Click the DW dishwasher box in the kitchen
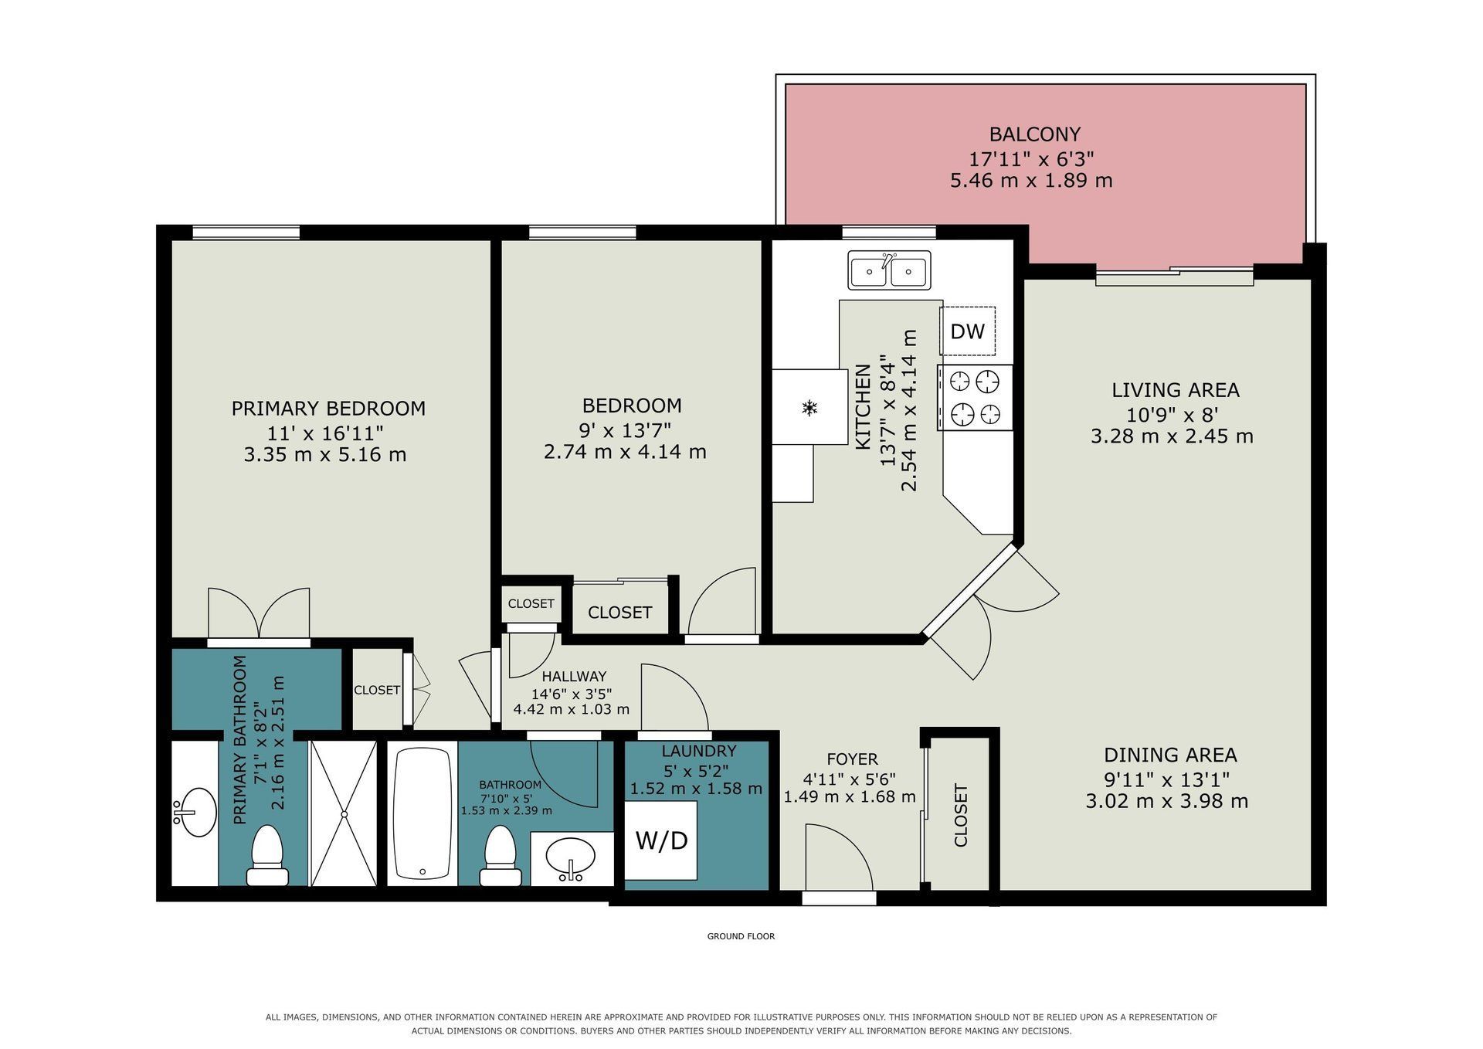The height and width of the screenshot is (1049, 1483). pyautogui.click(x=967, y=331)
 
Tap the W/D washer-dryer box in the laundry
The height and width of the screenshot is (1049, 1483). pyautogui.click(x=661, y=840)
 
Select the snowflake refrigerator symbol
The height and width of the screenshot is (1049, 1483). pyautogui.click(x=809, y=407)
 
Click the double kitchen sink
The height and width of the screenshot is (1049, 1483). pyautogui.click(x=889, y=270)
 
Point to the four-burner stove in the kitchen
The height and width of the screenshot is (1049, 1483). pyautogui.click(x=975, y=397)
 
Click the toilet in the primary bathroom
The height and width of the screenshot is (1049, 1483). pyautogui.click(x=267, y=855)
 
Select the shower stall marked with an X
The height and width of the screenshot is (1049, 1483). pyautogui.click(x=343, y=813)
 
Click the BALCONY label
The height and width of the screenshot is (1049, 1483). pyautogui.click(x=1034, y=134)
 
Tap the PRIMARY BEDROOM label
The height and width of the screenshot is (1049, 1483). pyautogui.click(x=328, y=408)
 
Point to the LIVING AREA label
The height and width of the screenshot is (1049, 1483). pyautogui.click(x=1175, y=390)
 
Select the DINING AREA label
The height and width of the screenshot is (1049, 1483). pyautogui.click(x=1170, y=755)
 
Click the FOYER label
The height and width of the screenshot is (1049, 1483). pyautogui.click(x=852, y=759)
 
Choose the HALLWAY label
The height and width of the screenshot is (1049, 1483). pyautogui.click(x=573, y=677)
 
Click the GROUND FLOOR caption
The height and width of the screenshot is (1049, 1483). pyautogui.click(x=741, y=936)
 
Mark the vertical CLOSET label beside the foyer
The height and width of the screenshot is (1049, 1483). pyautogui.click(x=961, y=815)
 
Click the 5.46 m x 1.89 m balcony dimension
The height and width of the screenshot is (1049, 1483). pyautogui.click(x=1031, y=181)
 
